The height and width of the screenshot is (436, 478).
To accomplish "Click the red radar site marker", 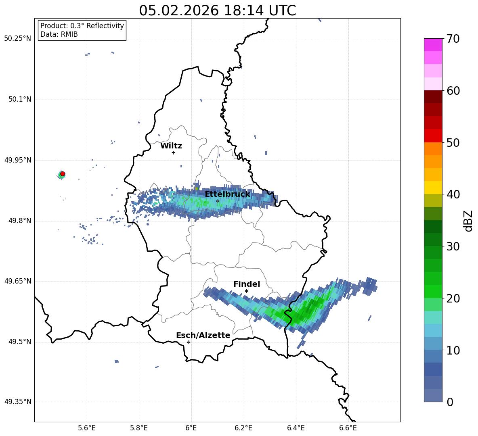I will (x=63, y=174).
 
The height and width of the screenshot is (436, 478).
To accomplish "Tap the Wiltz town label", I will (x=171, y=146).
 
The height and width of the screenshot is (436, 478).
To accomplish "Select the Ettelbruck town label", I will (x=227, y=194).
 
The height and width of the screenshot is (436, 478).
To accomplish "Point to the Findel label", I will (x=247, y=284).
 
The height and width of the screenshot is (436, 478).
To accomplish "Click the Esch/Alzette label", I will (x=203, y=336).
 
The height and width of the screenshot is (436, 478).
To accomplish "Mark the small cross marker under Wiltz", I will (x=173, y=152).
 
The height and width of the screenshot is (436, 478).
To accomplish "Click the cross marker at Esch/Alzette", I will (x=189, y=342).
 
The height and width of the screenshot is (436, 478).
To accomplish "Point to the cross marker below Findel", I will (x=246, y=291).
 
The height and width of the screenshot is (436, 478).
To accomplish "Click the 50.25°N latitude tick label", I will (x=17, y=39).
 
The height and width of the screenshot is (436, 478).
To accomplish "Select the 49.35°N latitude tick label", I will (x=17, y=402).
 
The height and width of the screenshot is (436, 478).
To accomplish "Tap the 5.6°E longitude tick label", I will (x=87, y=428).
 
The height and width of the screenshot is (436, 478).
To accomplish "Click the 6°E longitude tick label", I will (x=191, y=428).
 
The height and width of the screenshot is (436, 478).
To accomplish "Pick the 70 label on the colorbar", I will (x=453, y=39).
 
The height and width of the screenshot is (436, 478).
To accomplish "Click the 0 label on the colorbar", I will (x=450, y=402).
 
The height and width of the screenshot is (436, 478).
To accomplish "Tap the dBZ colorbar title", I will (x=468, y=221).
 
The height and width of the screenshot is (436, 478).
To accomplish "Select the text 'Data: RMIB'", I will (x=59, y=34).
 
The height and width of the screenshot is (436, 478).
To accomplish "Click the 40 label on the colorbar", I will (x=453, y=195).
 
